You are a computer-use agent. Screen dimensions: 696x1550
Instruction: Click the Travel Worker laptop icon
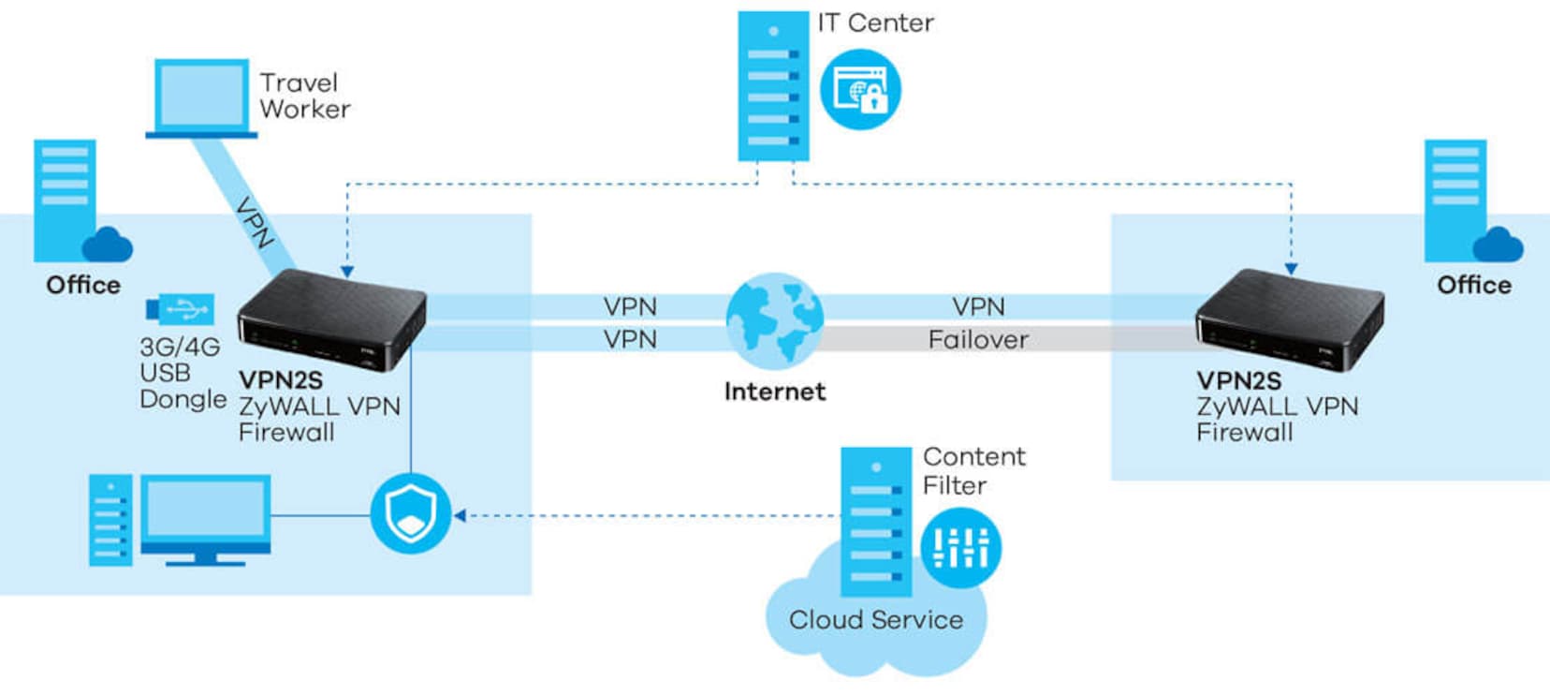pyautogui.click(x=200, y=98)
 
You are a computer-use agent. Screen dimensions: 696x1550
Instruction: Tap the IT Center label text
pyautogui.click(x=875, y=23)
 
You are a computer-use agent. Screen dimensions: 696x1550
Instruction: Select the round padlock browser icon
pyautogui.click(x=860, y=90)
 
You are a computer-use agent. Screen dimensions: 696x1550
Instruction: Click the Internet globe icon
pyautogui.click(x=775, y=321)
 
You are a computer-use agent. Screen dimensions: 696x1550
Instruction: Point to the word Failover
pyautogui.click(x=978, y=339)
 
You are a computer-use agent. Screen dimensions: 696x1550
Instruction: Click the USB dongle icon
pyautogui.click(x=181, y=309)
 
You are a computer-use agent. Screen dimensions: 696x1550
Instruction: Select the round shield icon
pyautogui.click(x=411, y=514)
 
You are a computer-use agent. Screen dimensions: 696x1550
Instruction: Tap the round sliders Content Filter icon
pyautogui.click(x=960, y=548)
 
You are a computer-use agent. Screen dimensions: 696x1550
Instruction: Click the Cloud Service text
pyautogui.click(x=875, y=619)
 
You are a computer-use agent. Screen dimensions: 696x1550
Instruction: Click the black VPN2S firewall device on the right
pyautogui.click(x=1289, y=318)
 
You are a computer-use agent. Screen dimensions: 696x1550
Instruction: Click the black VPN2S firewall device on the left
pyautogui.click(x=331, y=318)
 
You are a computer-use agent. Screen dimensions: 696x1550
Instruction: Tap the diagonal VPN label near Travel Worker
pyautogui.click(x=254, y=222)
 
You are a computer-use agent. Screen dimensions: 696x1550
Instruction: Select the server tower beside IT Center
pyautogui.click(x=773, y=86)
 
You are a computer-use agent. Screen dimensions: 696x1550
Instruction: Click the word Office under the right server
pyautogui.click(x=1473, y=285)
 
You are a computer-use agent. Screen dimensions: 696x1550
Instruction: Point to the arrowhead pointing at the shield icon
pyautogui.click(x=460, y=515)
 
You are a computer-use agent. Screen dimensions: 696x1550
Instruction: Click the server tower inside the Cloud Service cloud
pyautogui.click(x=875, y=521)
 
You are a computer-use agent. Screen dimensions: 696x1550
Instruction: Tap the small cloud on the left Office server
pyautogui.click(x=108, y=245)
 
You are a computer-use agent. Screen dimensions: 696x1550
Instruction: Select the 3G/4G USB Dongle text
pyautogui.click(x=182, y=373)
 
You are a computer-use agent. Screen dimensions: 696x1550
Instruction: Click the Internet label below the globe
pyautogui.click(x=775, y=392)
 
